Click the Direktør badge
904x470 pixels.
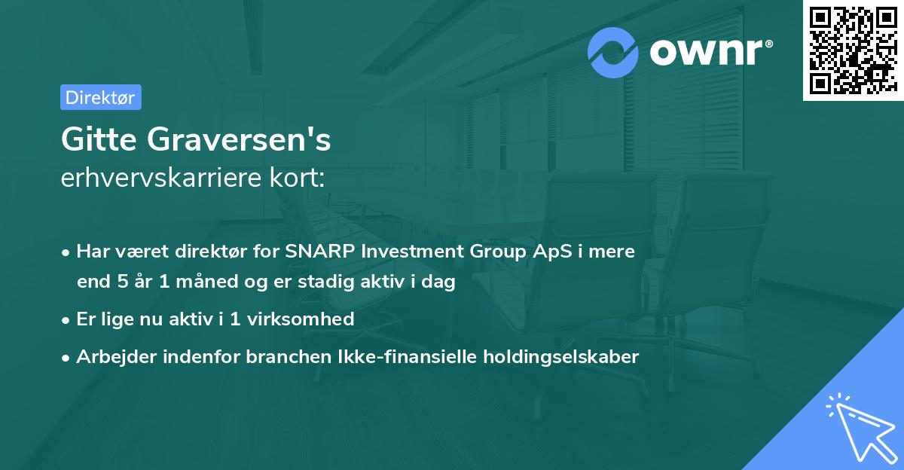coord(100,97)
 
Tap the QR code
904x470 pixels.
coord(853,50)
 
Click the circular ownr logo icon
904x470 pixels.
coord(613,52)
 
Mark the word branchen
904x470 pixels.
coord(281,356)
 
